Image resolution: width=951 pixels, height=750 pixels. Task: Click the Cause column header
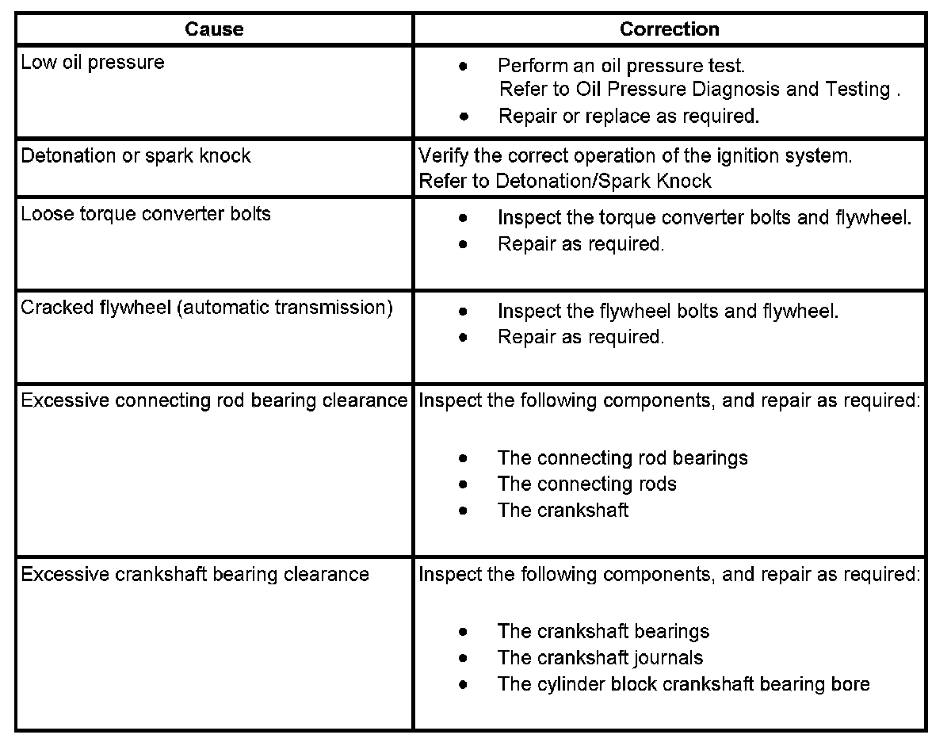(x=214, y=29)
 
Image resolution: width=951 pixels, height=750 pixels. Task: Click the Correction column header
(x=669, y=29)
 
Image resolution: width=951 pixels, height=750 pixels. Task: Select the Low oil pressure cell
(x=93, y=63)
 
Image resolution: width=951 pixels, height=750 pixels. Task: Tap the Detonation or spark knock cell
(x=136, y=155)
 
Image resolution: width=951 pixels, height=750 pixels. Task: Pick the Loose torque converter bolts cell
(x=146, y=214)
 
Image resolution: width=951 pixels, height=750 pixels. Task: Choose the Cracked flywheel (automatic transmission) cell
(x=207, y=308)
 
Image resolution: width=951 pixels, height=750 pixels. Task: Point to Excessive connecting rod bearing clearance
(x=214, y=400)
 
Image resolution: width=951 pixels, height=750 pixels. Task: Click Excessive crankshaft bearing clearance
(x=195, y=573)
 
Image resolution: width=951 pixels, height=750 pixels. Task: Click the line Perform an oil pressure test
(x=621, y=64)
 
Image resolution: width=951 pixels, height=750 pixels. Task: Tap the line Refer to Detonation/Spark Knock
(x=565, y=181)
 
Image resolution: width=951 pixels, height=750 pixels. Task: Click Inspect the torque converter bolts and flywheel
(x=705, y=218)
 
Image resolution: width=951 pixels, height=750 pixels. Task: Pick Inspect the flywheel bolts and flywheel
(x=667, y=311)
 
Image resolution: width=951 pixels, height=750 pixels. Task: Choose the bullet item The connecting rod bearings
(x=622, y=458)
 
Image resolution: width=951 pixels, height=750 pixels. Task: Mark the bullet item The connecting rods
(x=586, y=484)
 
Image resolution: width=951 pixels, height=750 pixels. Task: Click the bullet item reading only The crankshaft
(x=563, y=510)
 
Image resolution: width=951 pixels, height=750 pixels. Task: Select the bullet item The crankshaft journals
(x=600, y=657)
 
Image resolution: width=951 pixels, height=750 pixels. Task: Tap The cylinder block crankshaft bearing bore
(x=683, y=683)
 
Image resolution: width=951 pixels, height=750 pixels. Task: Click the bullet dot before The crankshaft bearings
(x=463, y=632)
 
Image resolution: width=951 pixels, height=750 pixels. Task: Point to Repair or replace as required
(x=628, y=116)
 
